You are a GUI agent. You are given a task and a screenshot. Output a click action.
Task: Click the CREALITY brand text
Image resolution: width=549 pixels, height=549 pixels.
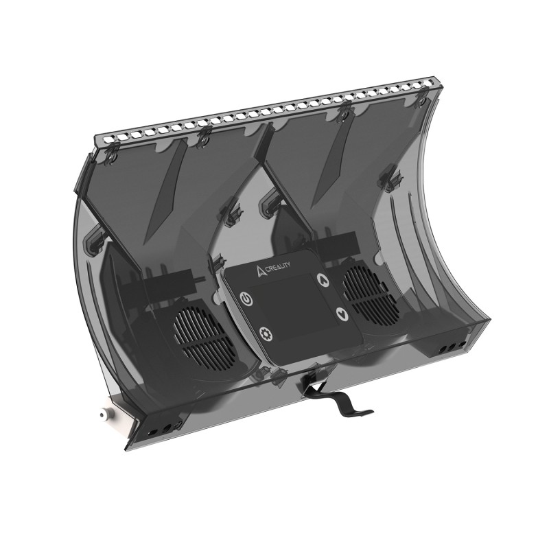(x=279, y=266)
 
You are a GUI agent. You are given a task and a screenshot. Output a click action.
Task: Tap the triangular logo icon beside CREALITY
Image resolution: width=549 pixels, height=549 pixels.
(x=261, y=271)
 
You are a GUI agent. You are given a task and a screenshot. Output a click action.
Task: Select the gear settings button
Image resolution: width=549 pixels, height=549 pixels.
(x=266, y=334)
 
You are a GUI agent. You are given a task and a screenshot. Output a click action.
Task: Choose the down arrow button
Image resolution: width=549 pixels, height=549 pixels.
(x=341, y=314)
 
